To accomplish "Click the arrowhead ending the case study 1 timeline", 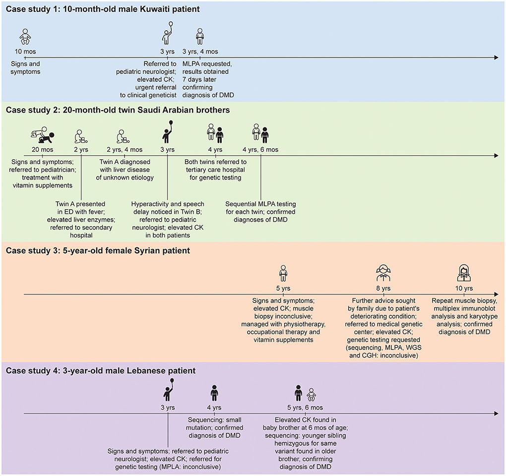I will tap(495, 58).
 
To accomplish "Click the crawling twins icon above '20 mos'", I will tap(42, 135).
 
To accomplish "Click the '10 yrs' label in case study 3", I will tap(464, 288).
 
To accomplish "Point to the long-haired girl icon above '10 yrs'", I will tap(464, 272).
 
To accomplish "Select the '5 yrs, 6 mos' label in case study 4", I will tap(306, 408).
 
